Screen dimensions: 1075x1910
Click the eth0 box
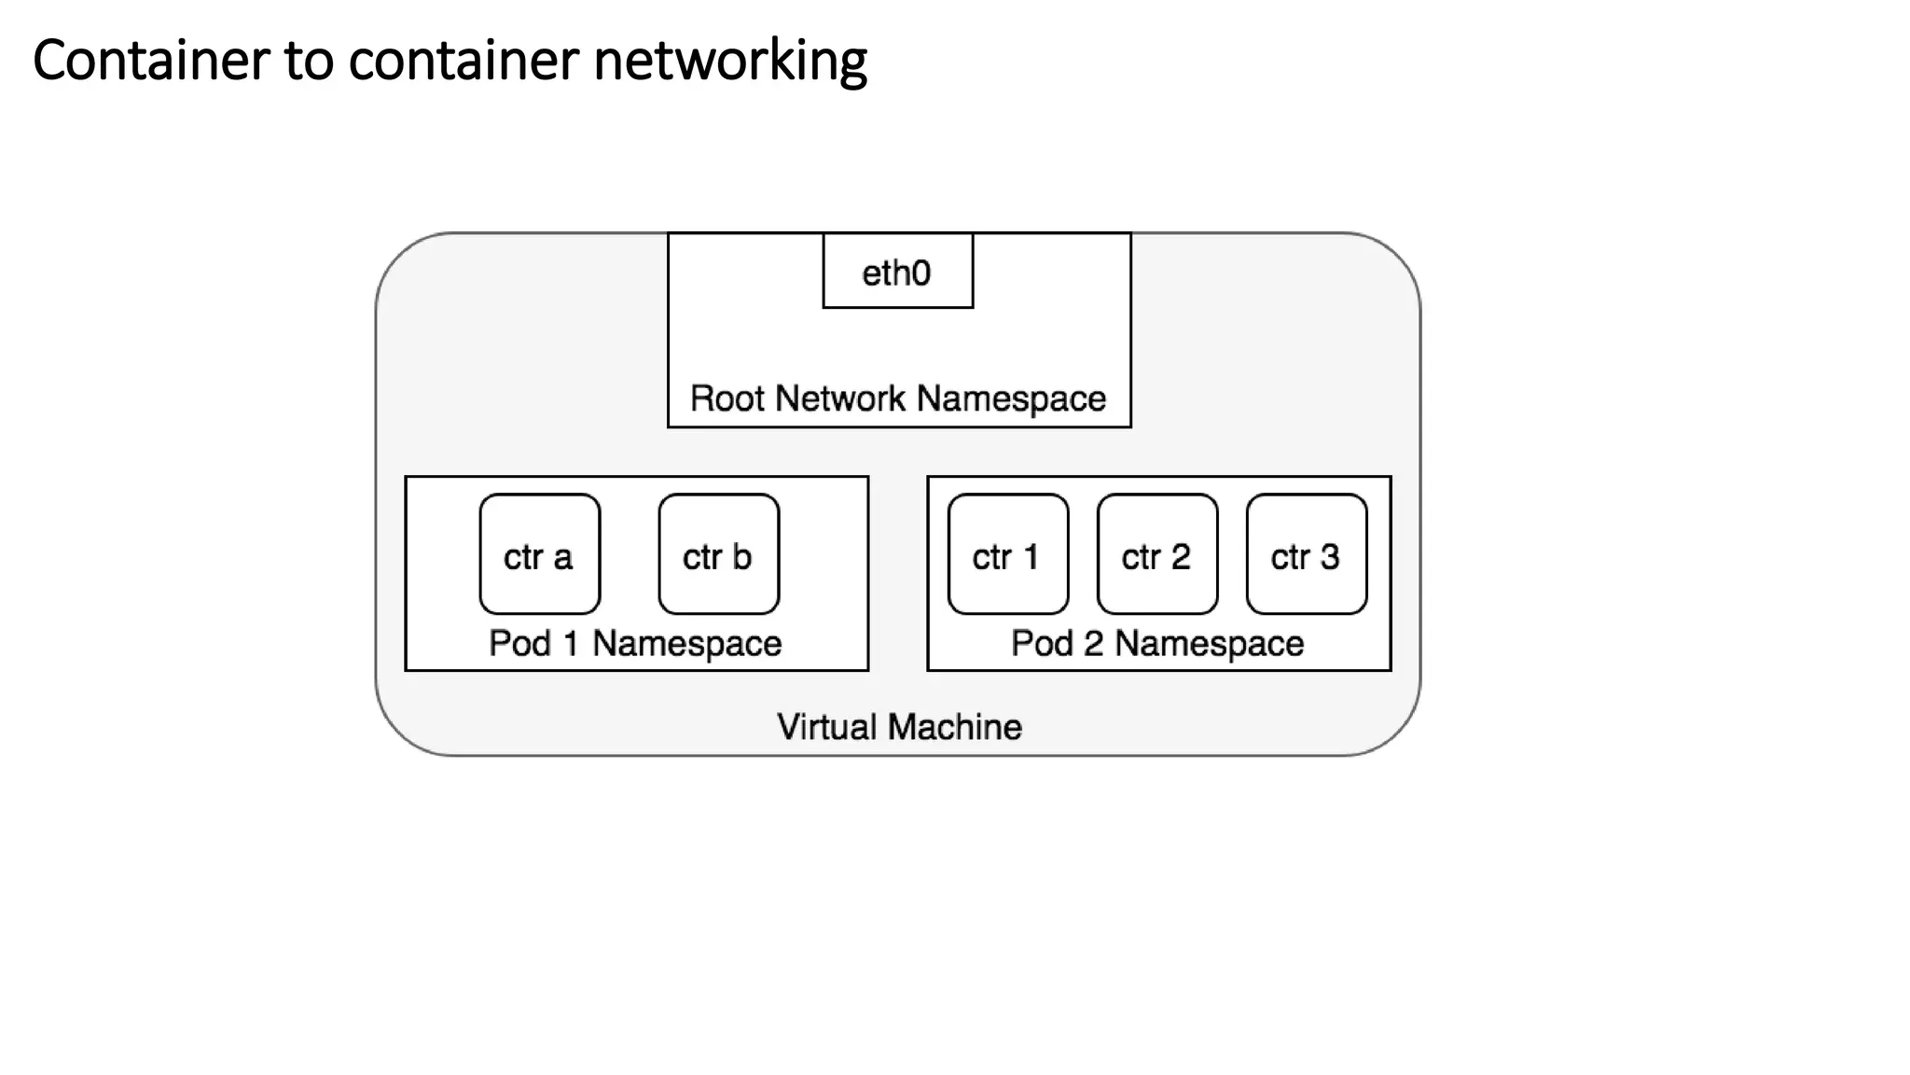pos(897,272)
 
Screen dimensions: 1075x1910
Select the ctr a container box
pos(539,554)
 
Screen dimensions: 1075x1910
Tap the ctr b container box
pos(718,554)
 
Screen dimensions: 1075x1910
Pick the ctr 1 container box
pos(1007,554)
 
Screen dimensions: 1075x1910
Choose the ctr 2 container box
pos(1156,554)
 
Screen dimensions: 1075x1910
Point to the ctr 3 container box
pos(1306,554)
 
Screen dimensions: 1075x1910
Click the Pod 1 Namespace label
pos(635,644)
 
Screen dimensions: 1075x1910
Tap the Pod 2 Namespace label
pos(1157,644)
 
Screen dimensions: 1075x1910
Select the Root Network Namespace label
pos(898,398)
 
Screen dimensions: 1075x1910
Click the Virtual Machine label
pos(899,727)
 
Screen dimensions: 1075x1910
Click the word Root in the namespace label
pos(727,398)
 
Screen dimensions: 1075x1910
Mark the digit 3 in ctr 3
pos(1330,557)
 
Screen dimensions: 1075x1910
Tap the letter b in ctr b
pos(741,557)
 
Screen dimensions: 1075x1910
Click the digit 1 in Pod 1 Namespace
pos(571,644)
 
